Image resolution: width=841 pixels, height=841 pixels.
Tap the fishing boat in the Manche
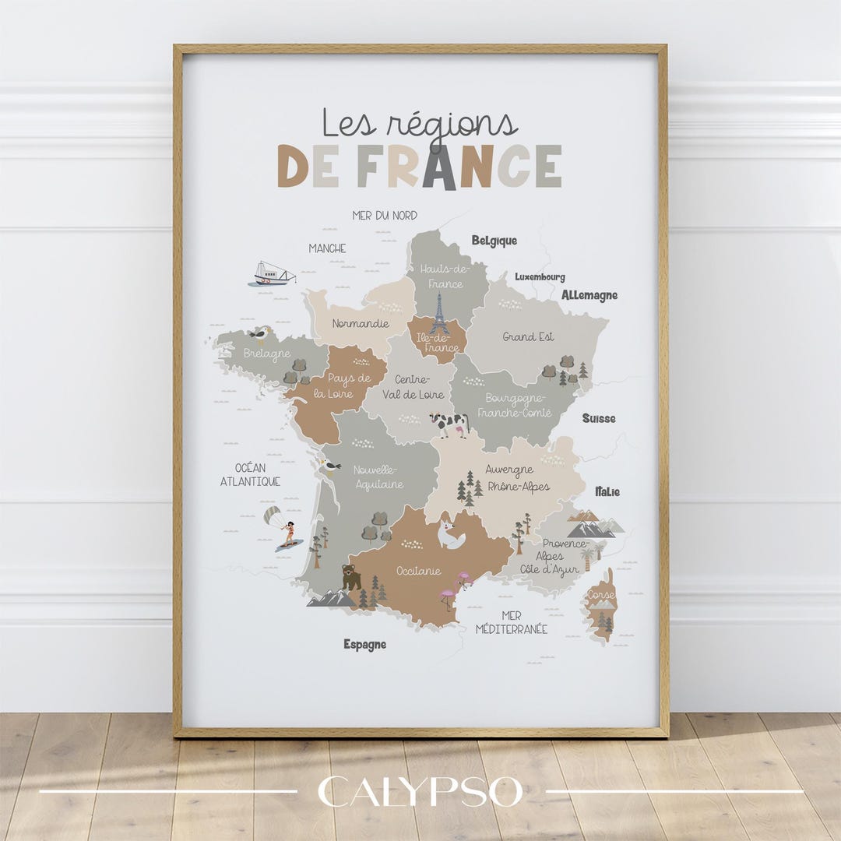pyautogui.click(x=273, y=274)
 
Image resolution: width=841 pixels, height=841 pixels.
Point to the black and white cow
pyautogui.click(x=450, y=424)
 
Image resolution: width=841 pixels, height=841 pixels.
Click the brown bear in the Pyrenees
pyautogui.click(x=351, y=578)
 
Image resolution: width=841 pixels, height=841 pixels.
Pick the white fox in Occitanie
pyautogui.click(x=451, y=536)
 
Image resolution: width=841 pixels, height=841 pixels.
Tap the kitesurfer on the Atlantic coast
pyautogui.click(x=282, y=529)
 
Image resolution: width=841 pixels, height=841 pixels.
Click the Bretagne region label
pyautogui.click(x=267, y=354)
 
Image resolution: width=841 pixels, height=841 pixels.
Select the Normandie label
pyautogui.click(x=360, y=323)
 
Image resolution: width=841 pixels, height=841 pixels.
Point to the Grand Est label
pyautogui.click(x=528, y=337)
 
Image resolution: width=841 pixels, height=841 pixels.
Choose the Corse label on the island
pyautogui.click(x=600, y=595)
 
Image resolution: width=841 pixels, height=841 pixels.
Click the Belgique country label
pyautogui.click(x=494, y=241)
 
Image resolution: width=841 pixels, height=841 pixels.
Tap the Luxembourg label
pyautogui.click(x=540, y=277)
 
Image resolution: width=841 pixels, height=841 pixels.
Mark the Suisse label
pyautogui.click(x=599, y=418)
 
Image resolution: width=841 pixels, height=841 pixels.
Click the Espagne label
pyautogui.click(x=364, y=645)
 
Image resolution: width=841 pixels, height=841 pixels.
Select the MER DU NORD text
pyautogui.click(x=385, y=216)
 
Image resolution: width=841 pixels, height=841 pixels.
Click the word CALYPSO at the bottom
pyautogui.click(x=420, y=792)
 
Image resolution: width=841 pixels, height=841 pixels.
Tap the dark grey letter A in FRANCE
pyautogui.click(x=439, y=167)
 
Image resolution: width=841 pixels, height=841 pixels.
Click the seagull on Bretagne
pyautogui.click(x=260, y=334)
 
